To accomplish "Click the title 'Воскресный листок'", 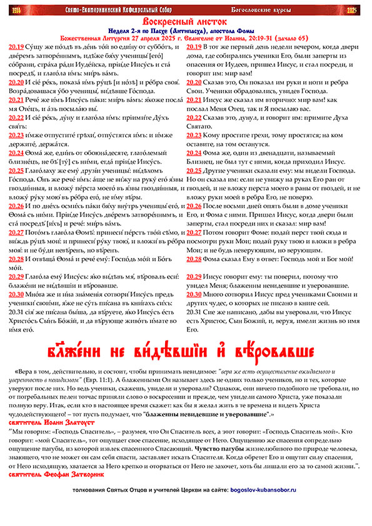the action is [x=185, y=21].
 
